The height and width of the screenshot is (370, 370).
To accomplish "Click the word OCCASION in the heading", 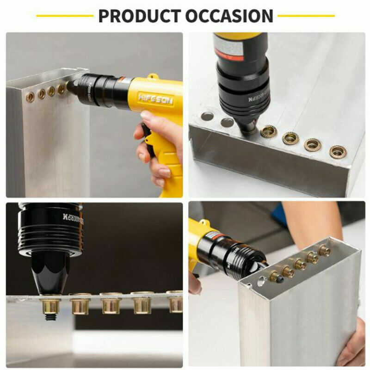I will pos(229,16).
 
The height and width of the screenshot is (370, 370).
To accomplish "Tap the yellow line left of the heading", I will pos(64,16).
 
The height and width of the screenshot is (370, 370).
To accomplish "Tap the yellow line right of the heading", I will pos(306,16).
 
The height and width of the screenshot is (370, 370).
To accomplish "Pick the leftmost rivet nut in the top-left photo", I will pos(31,97).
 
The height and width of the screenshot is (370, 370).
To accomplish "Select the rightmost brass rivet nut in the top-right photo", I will pos(338,151).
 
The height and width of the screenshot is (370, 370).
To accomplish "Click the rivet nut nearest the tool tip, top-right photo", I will pos(269,132).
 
